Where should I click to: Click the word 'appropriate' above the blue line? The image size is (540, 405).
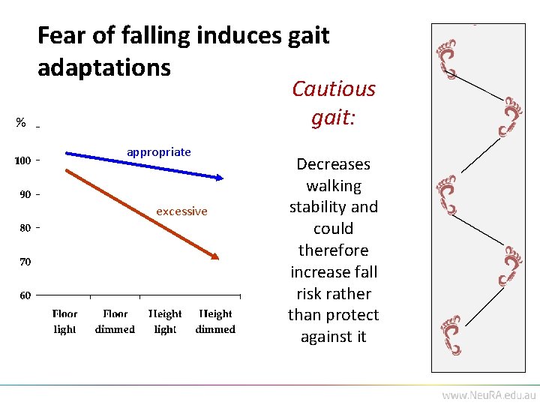(x=158, y=152)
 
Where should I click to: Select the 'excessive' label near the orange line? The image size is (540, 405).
(x=181, y=211)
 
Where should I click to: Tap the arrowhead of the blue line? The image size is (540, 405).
(x=220, y=177)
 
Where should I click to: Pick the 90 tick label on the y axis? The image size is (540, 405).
(x=25, y=194)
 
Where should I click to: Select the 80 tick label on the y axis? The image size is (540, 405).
(x=25, y=227)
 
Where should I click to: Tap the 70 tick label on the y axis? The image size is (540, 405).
(x=25, y=262)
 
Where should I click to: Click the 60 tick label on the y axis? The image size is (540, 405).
(x=25, y=295)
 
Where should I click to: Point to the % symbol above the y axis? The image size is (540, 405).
(x=21, y=123)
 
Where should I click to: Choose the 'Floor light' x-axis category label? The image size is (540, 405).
(x=65, y=322)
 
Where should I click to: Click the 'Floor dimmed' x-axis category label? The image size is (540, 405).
(x=115, y=322)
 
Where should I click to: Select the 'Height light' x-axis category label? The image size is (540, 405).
(x=165, y=322)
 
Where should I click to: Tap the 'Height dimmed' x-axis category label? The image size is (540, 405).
(x=215, y=322)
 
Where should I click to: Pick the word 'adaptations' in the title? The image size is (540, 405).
(x=104, y=67)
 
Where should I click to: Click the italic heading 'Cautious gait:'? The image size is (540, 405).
(x=333, y=103)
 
